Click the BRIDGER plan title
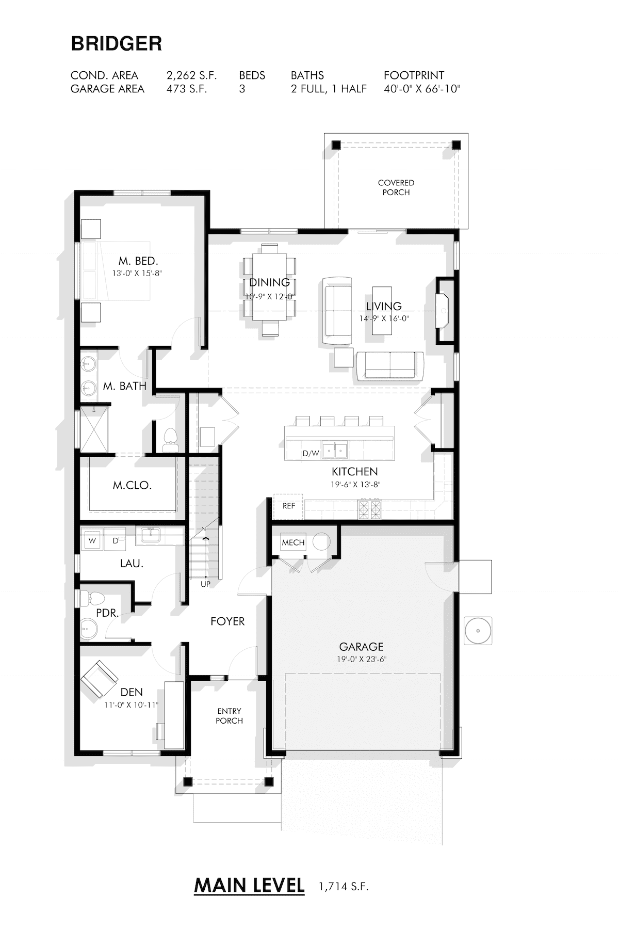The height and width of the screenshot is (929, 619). (x=117, y=44)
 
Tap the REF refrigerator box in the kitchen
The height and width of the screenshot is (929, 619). (x=288, y=506)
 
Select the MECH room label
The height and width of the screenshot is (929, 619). (x=293, y=542)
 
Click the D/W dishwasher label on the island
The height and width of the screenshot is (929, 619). (x=311, y=454)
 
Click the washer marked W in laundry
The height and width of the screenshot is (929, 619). (x=92, y=540)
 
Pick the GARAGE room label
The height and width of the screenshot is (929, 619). (x=361, y=646)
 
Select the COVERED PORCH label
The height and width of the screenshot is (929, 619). (x=396, y=187)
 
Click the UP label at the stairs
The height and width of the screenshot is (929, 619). (x=206, y=584)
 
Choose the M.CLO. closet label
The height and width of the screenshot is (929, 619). (x=132, y=485)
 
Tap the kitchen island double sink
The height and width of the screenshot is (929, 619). (x=335, y=450)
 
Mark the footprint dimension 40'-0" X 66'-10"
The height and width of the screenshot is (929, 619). (x=422, y=89)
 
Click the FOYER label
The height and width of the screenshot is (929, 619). (x=227, y=621)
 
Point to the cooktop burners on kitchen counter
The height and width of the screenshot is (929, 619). (x=370, y=509)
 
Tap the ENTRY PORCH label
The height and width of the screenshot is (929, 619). (x=229, y=716)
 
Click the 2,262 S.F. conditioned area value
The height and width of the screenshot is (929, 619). (x=191, y=75)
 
